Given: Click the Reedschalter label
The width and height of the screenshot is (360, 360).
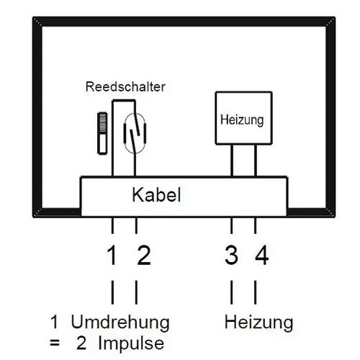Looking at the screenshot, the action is coord(125,86).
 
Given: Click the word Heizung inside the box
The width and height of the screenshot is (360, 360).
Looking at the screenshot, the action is coord(242,120).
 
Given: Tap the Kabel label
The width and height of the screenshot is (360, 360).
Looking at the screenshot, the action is coord(156,194).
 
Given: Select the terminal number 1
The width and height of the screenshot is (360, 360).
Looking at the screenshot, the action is coord(112,255).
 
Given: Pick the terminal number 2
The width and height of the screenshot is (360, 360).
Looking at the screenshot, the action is coord(144,255).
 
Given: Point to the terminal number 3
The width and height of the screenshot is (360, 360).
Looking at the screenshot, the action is coord(231,255).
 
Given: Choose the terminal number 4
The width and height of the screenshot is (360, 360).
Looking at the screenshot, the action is coord(261,255).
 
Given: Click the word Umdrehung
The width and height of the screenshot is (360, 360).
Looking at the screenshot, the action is coord(120,323).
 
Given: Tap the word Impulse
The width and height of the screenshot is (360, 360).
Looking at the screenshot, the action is coord(131,343).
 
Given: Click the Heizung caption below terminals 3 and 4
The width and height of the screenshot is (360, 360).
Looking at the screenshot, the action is coord(258,323).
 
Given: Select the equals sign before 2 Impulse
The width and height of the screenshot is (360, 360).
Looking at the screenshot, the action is coord(55,343).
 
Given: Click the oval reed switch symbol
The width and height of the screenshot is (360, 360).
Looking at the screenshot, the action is coord(135,133).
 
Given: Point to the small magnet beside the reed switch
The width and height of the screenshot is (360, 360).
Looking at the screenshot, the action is coord(102,133).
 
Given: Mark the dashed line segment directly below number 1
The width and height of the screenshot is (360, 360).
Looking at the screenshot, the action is coord(112,292).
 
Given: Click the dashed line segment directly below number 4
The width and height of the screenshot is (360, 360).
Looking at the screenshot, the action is coord(255,292).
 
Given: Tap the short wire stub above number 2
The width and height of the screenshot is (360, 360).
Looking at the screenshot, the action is coord(136,225).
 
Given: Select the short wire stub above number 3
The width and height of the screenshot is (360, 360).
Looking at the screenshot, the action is coord(231,225).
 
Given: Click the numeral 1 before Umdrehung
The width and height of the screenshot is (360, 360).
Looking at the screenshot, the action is coord(55,322).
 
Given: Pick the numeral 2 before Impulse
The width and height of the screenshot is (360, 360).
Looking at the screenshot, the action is coord(81,343).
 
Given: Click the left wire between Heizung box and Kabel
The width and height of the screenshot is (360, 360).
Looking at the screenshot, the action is coord(232,161).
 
